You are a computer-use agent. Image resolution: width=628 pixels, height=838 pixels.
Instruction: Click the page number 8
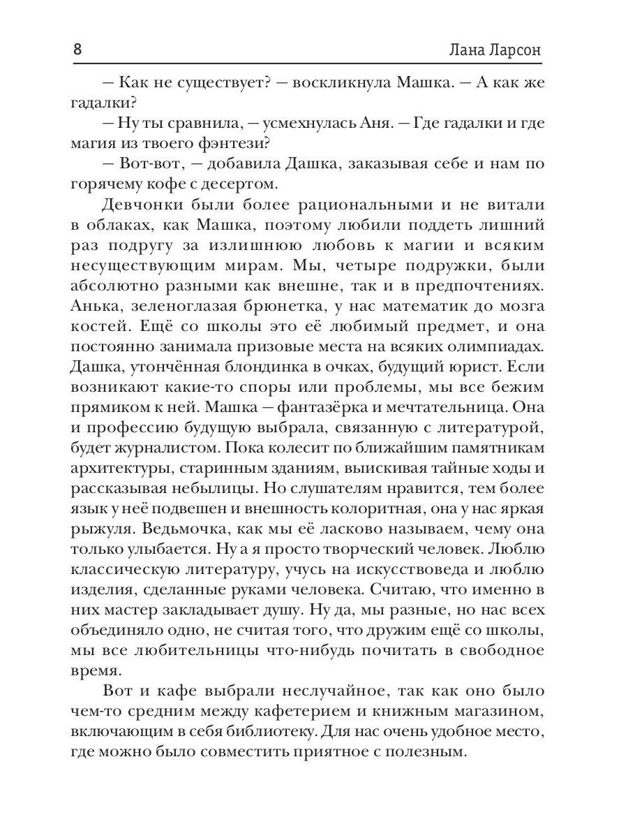pyautogui.click(x=77, y=51)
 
